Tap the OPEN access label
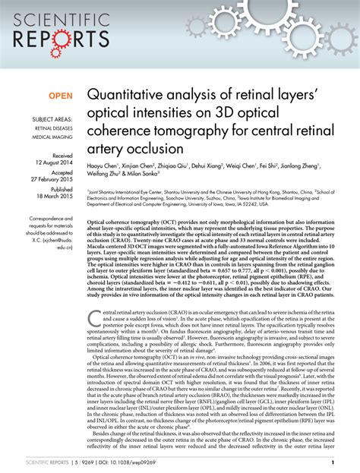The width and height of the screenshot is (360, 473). click(62, 96)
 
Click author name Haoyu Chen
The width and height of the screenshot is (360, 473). click(106, 165)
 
